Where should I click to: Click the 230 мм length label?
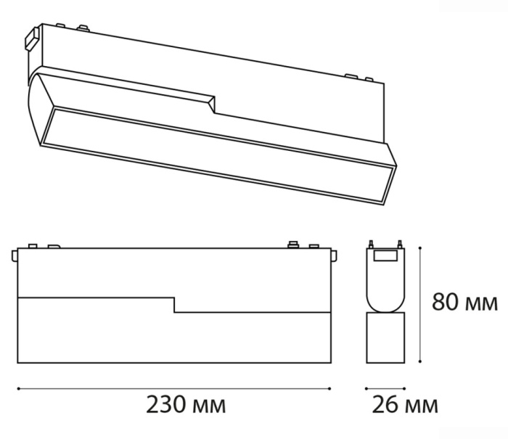pyautogui.click(x=186, y=405)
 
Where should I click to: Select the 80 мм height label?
pyautogui.click(x=465, y=302)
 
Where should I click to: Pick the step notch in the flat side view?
pyautogui.click(x=174, y=304)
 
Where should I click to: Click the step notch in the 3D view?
pyautogui.click(x=213, y=103)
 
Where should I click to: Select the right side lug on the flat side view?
pyautogui.click(x=335, y=256)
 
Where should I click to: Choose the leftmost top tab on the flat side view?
pyautogui.click(x=31, y=245)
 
